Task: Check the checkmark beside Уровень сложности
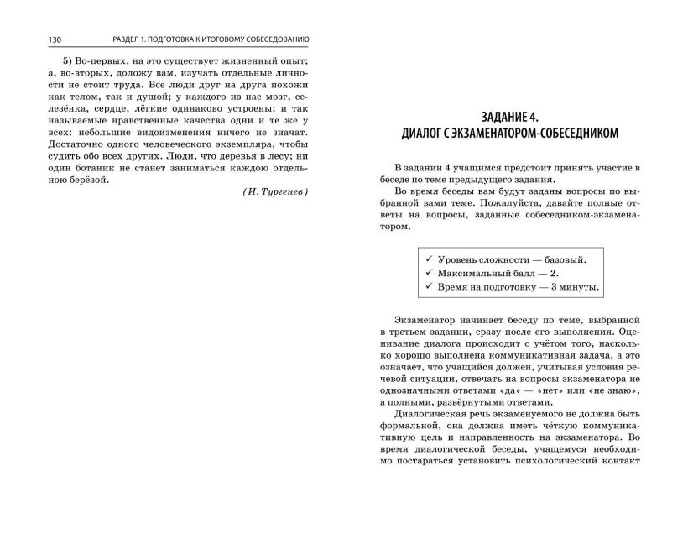(x=429, y=259)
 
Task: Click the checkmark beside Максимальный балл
(x=429, y=274)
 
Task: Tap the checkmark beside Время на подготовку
(x=429, y=287)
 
